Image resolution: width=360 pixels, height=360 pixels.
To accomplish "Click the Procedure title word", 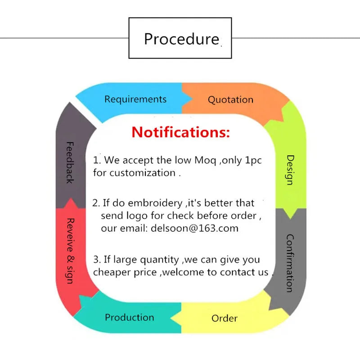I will click(x=181, y=39).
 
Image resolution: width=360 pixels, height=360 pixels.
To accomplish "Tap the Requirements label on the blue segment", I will click(x=135, y=99).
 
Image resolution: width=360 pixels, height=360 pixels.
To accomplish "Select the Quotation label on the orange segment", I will click(x=230, y=100).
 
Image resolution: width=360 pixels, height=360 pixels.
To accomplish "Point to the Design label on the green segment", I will click(x=290, y=170).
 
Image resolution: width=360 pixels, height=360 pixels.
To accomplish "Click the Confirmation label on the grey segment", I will click(x=290, y=263).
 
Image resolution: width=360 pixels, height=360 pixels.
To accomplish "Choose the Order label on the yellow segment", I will click(x=225, y=319).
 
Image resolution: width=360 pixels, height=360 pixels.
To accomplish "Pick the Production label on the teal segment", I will click(x=130, y=317).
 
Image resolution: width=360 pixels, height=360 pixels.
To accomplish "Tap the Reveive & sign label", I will click(x=70, y=251).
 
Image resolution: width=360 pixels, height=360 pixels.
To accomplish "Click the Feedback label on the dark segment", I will click(x=70, y=162).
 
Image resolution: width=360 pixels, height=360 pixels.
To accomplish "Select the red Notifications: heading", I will click(x=180, y=132).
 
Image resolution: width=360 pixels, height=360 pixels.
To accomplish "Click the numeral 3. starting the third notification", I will click(x=96, y=259).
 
